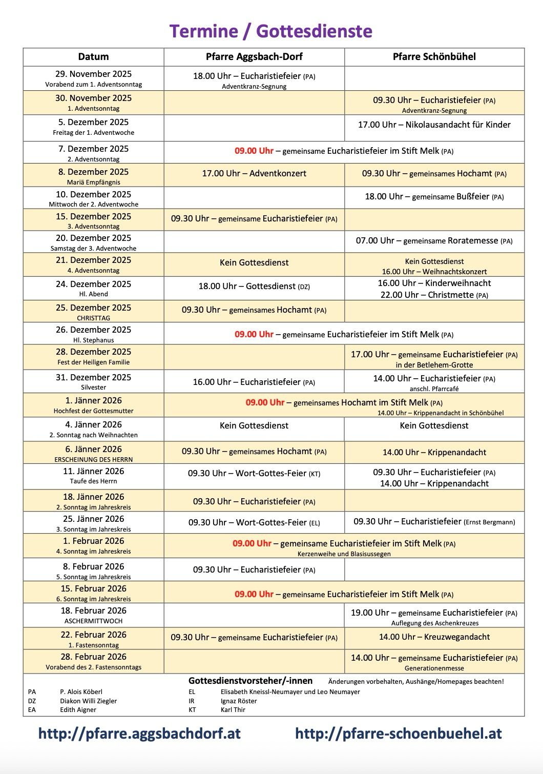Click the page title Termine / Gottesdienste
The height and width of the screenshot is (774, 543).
pos(271,31)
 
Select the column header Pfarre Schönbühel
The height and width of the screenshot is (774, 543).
pos(434,57)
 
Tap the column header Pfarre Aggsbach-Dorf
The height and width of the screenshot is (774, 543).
pos(254,57)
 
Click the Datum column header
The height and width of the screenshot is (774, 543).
pos(93,57)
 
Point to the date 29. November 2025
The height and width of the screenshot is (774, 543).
pos(93,74)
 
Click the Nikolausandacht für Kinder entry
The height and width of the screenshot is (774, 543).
pos(434,125)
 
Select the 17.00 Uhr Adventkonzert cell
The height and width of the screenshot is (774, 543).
pos(254,174)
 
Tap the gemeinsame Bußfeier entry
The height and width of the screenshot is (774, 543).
pos(434,197)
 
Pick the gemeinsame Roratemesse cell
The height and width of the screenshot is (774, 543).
pos(434,241)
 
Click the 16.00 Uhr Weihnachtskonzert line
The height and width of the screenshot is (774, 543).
pos(434,272)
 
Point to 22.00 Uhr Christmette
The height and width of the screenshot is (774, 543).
pos(434,295)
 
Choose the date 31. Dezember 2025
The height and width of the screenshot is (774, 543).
pos(93,377)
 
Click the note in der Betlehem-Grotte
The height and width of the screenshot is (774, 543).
pos(434,365)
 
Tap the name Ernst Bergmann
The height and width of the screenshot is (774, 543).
pos(489,522)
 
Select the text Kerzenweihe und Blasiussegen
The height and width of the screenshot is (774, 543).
pos(344,554)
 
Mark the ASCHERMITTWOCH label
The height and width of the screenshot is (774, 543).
pos(93,621)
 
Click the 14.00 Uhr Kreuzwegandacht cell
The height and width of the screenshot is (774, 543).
pos(434,637)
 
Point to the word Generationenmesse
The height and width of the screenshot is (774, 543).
pos(434,668)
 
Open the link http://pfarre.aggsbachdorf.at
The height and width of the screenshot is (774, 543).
pos(139,734)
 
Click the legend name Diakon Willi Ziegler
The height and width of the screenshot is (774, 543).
pos(88,701)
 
